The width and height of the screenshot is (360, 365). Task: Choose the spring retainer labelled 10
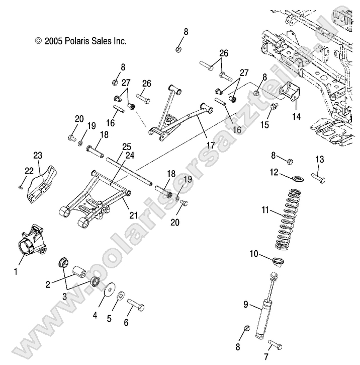(278, 261)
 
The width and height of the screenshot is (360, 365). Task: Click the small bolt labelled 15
(275, 106)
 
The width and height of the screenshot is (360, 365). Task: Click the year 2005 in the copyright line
(54, 41)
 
